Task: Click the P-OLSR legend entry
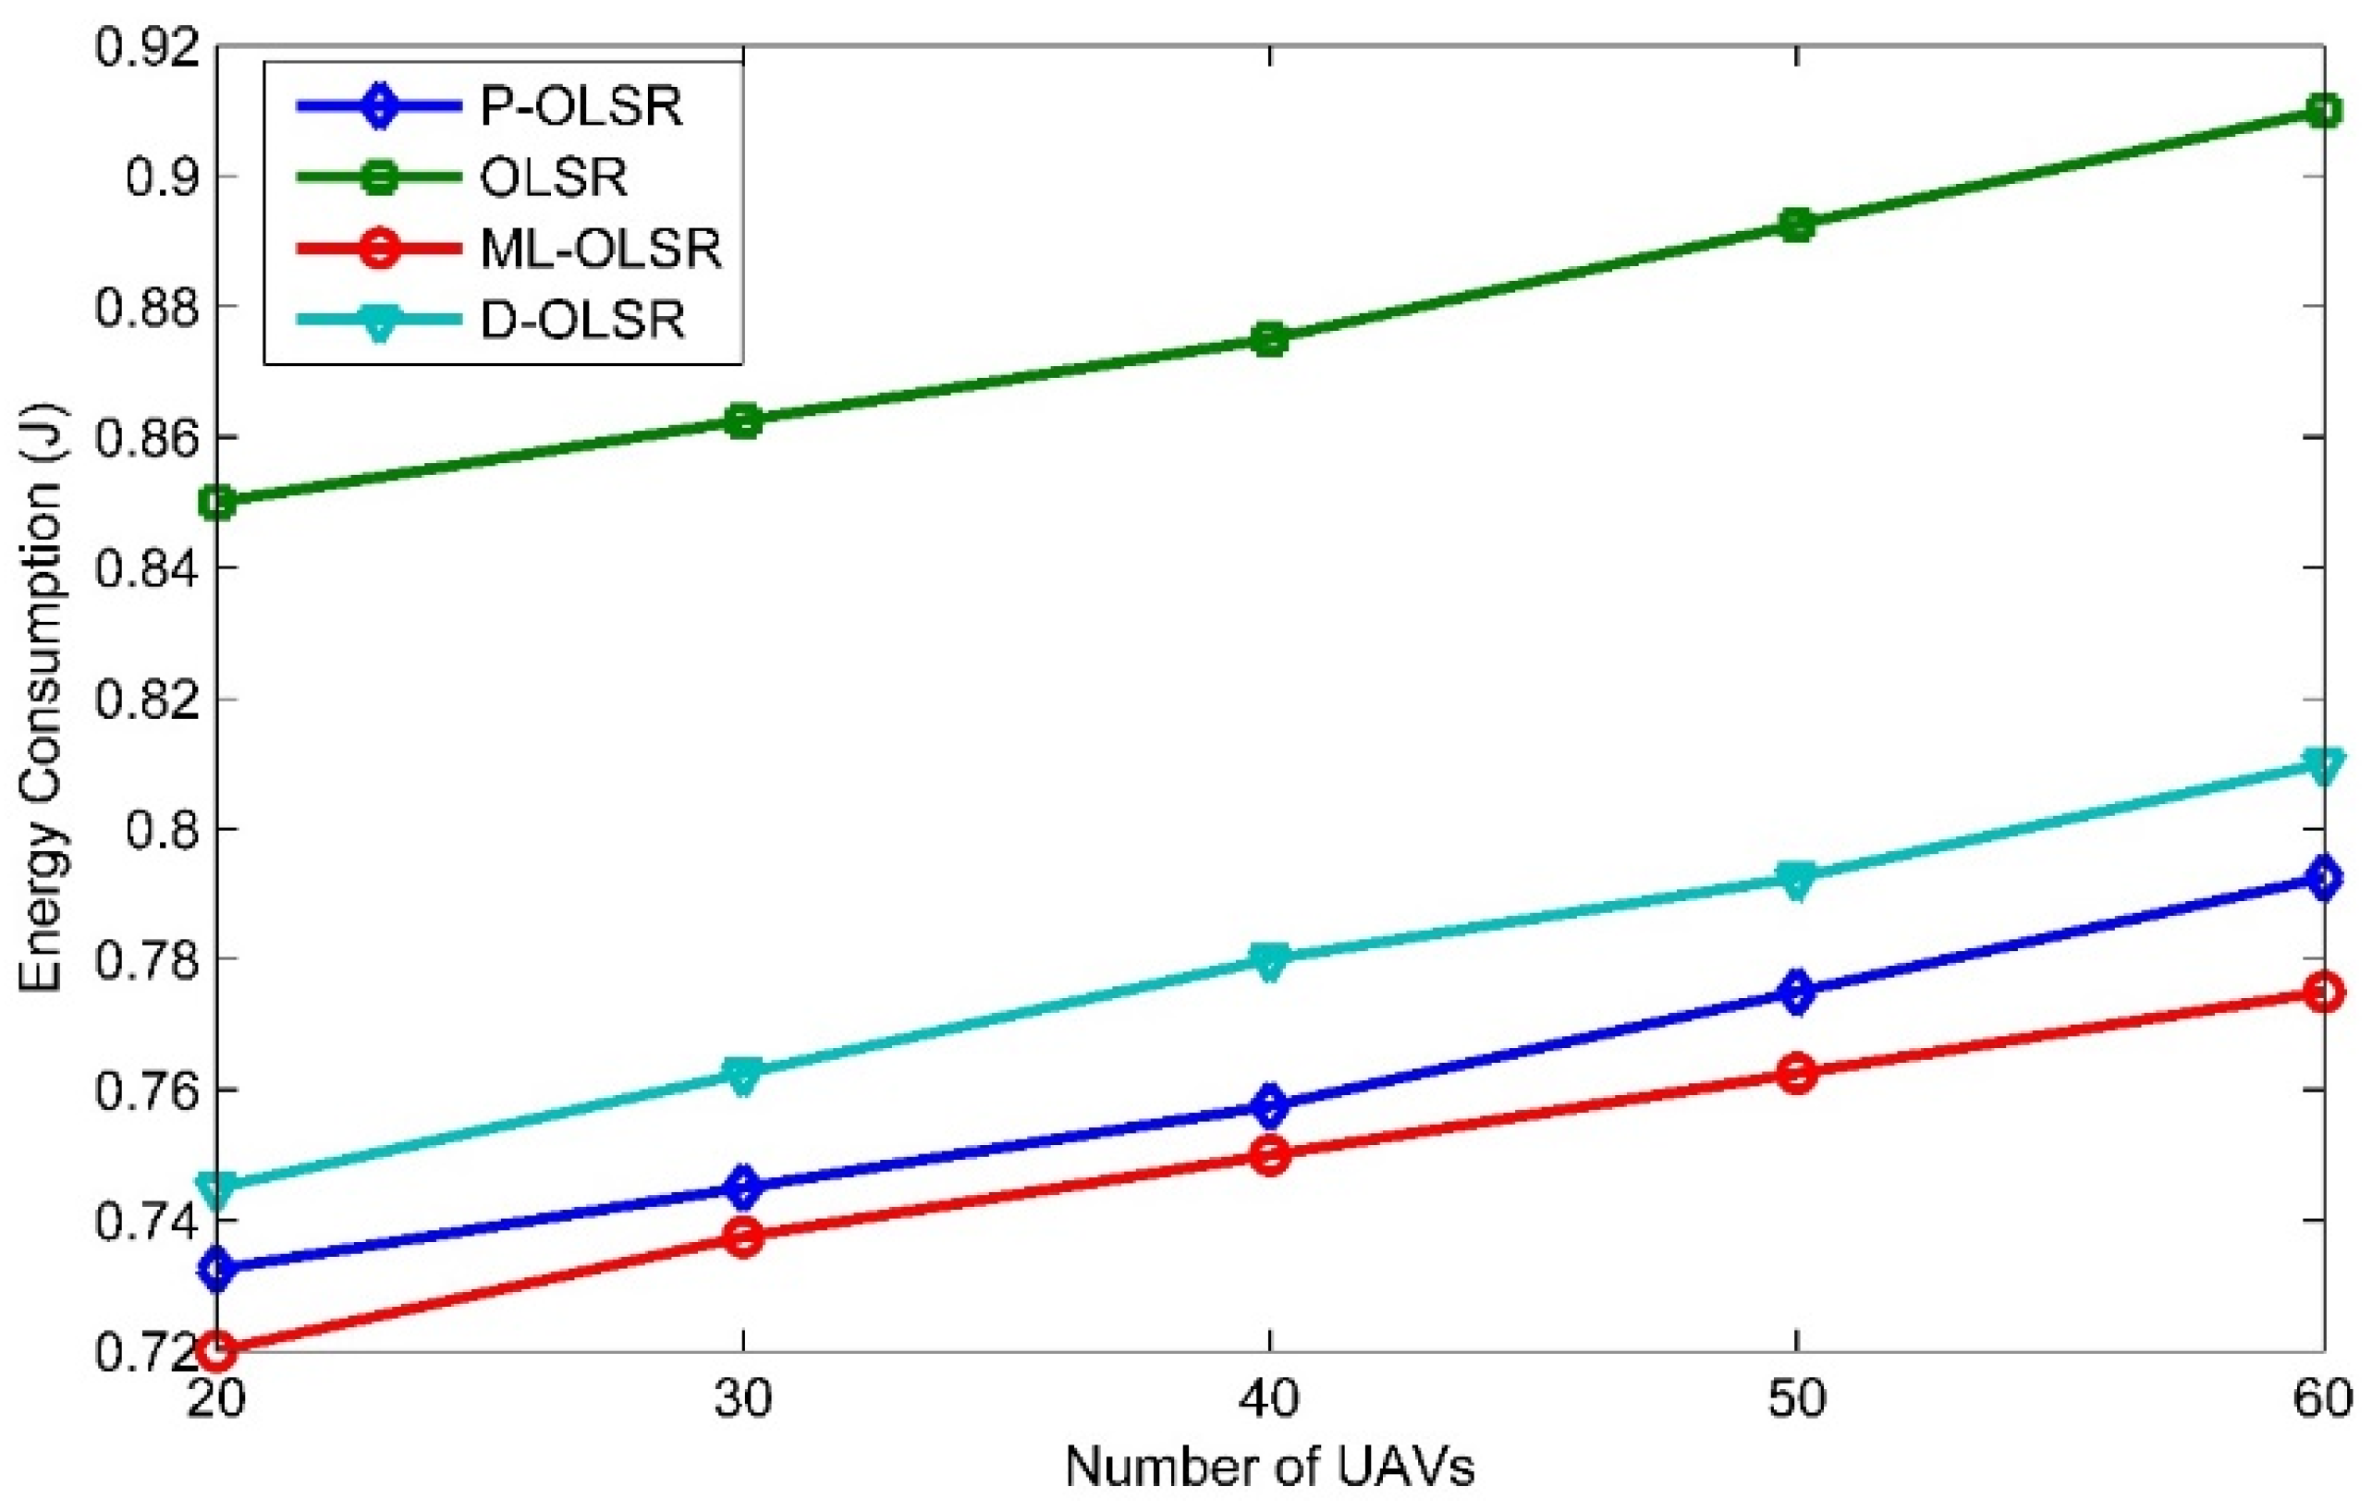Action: pyautogui.click(x=581, y=106)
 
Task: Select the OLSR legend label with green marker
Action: pyautogui.click(x=553, y=178)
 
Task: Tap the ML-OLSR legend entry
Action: pyautogui.click(x=601, y=250)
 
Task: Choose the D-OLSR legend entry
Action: pyautogui.click(x=582, y=320)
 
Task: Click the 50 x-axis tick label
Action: pyautogui.click(x=1797, y=1398)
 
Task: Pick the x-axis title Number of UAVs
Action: pyautogui.click(x=1270, y=1467)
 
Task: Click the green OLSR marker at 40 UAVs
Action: pyautogui.click(x=1270, y=340)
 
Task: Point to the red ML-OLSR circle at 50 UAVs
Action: pyautogui.click(x=1797, y=1073)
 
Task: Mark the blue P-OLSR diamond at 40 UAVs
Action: pyautogui.click(x=1270, y=1105)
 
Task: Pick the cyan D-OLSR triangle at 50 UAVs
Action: pyautogui.click(x=1797, y=879)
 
